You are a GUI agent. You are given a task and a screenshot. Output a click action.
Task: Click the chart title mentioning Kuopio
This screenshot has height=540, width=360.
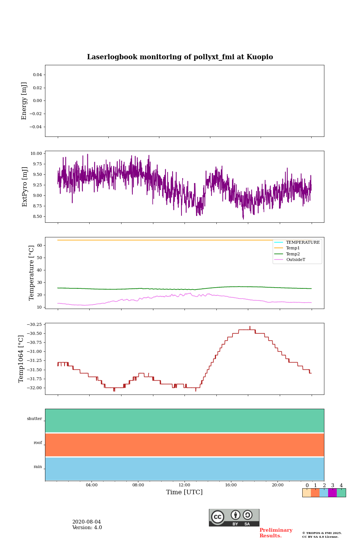coord(180,57)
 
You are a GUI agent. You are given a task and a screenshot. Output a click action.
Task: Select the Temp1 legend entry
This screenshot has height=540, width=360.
coord(293,248)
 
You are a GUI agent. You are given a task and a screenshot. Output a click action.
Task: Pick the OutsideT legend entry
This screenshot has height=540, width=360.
coord(295,260)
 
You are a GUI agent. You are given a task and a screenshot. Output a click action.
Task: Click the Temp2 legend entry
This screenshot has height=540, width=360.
coord(293,254)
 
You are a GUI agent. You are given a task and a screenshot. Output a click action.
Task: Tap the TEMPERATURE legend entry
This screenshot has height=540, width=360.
coord(303,243)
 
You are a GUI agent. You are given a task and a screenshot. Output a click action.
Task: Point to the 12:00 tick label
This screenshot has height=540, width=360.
coord(184,485)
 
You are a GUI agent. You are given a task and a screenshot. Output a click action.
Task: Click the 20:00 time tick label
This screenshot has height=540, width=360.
coord(277,485)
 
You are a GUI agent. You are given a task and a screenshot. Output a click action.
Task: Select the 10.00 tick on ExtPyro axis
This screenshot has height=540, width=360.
coord(36,153)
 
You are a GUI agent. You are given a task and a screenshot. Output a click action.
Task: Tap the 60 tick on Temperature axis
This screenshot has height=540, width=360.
coord(39,245)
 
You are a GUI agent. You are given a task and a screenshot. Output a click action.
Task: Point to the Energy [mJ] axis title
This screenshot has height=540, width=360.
coord(24,101)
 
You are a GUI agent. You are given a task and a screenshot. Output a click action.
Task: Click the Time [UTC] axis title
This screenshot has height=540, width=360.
coord(184,492)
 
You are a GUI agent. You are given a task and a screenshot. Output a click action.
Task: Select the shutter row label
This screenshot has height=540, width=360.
coord(34,419)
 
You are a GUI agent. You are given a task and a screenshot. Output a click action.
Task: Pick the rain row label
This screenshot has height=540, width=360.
coord(38,467)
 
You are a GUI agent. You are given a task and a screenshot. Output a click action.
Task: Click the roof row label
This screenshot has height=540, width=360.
coord(38,443)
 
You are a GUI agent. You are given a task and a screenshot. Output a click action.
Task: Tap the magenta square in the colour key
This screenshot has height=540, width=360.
coord(332,493)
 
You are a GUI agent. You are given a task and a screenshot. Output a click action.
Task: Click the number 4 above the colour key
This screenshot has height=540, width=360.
coord(341,486)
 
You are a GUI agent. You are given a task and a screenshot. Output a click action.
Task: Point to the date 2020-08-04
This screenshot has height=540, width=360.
coord(87,522)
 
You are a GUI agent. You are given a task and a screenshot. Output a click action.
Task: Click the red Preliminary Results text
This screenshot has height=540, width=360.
coord(276,533)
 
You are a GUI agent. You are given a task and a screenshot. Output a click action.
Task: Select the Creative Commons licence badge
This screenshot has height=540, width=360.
coord(234,517)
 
